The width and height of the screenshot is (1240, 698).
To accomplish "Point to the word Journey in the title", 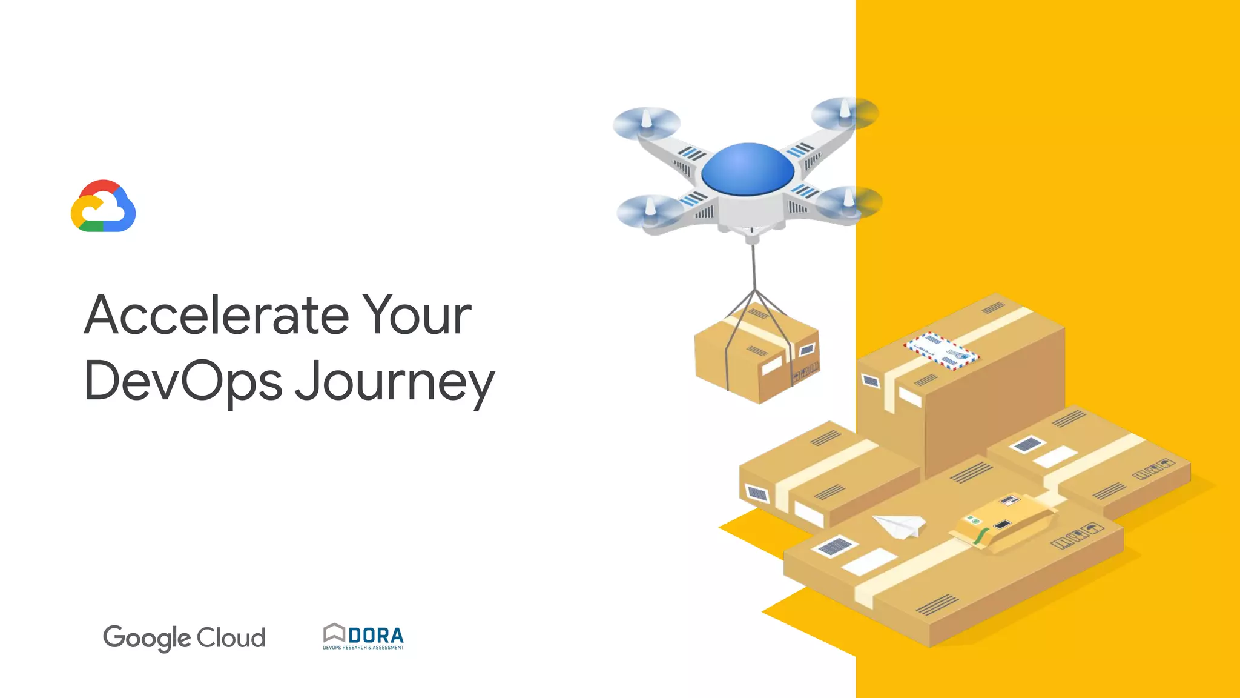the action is tap(395, 383).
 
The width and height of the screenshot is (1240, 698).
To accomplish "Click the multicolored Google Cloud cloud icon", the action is tap(104, 207).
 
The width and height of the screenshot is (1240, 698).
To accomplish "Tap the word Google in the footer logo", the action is tap(147, 638).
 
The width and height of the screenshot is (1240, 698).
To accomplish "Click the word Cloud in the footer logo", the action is tap(231, 637).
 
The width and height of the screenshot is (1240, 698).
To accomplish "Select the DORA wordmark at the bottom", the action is tap(376, 636).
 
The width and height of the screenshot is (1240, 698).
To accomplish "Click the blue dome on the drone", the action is tap(748, 168).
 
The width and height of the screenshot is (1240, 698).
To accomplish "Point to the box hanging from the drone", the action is tap(757, 357).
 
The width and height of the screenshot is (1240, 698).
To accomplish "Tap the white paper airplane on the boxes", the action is tap(900, 525).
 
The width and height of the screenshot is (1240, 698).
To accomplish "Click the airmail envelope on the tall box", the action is tap(941, 350).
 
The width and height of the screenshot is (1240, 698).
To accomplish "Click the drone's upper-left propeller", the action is tap(646, 122).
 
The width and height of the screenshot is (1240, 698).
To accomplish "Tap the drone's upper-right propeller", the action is tap(844, 113).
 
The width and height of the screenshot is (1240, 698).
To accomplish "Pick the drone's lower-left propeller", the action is tap(650, 211).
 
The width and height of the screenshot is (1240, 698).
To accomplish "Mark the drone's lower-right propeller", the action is tap(849, 201).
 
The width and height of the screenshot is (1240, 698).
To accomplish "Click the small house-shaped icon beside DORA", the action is tap(334, 633).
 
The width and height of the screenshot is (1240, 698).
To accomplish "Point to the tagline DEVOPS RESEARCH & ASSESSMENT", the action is tap(363, 648).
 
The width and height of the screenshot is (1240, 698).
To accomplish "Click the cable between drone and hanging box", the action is tap(754, 267).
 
